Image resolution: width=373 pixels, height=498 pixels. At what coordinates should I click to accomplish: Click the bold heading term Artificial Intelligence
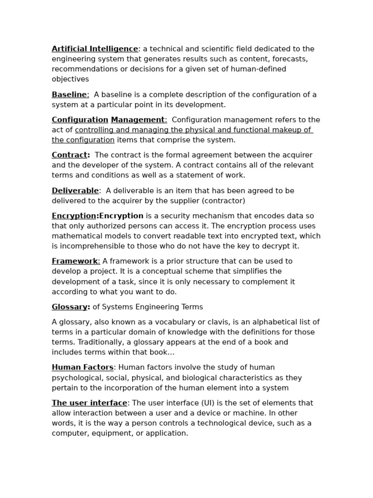pyautogui.click(x=95, y=49)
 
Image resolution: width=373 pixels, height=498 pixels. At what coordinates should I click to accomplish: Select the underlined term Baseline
pyautogui.click(x=69, y=94)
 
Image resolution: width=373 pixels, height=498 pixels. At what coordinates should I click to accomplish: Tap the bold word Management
pyautogui.click(x=138, y=120)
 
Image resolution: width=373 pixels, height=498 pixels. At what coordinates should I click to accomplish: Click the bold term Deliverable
pyautogui.click(x=75, y=191)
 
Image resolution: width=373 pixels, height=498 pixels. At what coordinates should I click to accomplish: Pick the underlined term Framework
pyautogui.click(x=75, y=261)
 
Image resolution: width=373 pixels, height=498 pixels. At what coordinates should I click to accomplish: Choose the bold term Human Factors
pyautogui.click(x=83, y=367)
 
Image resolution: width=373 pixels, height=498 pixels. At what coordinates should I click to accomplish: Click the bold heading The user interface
pyautogui.click(x=89, y=403)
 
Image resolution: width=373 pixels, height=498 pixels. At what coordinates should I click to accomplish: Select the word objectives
pyautogui.click(x=70, y=79)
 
